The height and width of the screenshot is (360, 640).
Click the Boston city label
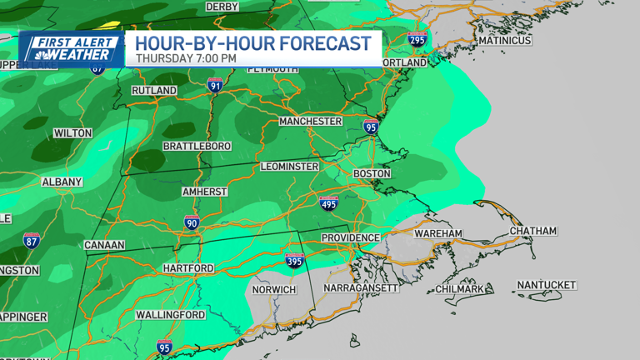[x=372, y=173]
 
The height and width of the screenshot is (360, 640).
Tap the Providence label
[x=351, y=237]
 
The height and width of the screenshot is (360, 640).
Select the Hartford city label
[x=189, y=268]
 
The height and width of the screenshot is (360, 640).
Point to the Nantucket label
[x=546, y=285]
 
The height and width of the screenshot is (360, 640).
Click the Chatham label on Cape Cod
[x=532, y=231]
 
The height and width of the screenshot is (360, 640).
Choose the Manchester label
[x=310, y=121]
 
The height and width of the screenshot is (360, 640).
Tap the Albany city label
[x=62, y=182]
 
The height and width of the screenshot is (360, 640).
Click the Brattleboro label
[x=197, y=146]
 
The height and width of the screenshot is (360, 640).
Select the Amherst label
[x=204, y=192]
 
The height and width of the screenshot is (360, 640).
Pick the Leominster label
[x=289, y=167]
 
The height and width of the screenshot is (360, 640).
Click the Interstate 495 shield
[x=328, y=202]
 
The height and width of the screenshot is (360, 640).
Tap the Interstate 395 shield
[x=293, y=261]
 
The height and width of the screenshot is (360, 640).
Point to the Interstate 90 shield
[x=192, y=222]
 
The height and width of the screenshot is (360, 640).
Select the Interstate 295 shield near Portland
[x=417, y=38]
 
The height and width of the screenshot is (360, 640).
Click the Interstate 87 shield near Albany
[x=32, y=241]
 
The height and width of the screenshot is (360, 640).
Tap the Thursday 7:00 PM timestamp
[x=187, y=59]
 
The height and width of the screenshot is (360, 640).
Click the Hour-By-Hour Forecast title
[x=252, y=42]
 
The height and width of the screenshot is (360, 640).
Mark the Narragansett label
[x=361, y=287]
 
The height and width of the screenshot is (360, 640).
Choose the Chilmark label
[x=460, y=289]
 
